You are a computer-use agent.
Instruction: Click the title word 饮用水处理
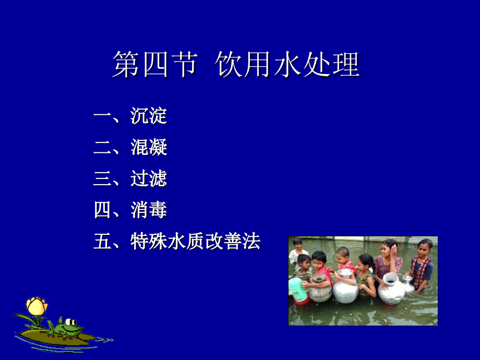pyautogui.click(x=287, y=65)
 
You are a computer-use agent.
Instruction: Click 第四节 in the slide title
pyautogui.click(x=154, y=65)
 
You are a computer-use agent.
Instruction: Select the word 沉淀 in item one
pyautogui.click(x=149, y=116)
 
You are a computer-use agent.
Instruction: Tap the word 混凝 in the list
pyautogui.click(x=149, y=148)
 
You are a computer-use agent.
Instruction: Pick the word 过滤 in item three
pyautogui.click(x=149, y=179)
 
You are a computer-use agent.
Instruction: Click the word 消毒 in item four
pyautogui.click(x=149, y=210)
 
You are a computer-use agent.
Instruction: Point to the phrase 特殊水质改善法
pyautogui.click(x=195, y=242)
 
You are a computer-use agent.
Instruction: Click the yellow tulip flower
pyautogui.click(x=37, y=306)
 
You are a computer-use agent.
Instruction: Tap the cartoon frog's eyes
pyautogui.click(x=67, y=321)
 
